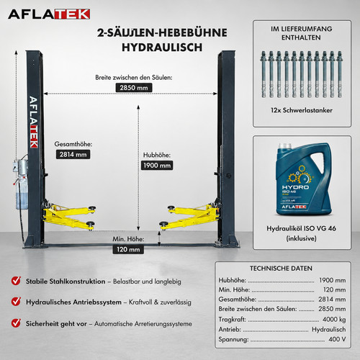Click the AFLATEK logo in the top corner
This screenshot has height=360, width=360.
coord(49,14)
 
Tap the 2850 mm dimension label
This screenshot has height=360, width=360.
coord(134,88)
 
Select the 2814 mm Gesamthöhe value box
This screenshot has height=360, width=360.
coord(73,154)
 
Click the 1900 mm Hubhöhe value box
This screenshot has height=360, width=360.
coord(157,165)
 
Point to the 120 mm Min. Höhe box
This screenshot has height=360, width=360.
coord(128,249)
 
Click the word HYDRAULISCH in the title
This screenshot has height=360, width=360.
coord(162,48)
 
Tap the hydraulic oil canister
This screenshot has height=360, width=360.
coord(304,179)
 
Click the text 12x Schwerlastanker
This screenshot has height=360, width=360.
coord(302,110)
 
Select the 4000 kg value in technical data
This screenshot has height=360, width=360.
coord(334,319)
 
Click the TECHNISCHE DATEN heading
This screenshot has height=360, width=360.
coord(281,269)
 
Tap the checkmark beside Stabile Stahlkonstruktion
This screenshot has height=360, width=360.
coord(16,280)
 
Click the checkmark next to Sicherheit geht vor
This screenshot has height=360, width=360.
coord(16,323)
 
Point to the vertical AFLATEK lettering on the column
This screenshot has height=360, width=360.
coord(34,122)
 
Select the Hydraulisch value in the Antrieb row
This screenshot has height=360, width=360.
coord(329,329)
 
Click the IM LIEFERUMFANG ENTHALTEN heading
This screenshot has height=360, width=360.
coord(302,33)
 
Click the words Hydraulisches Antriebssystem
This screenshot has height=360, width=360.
coord(73,302)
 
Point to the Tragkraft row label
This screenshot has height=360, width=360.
coord(232,320)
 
